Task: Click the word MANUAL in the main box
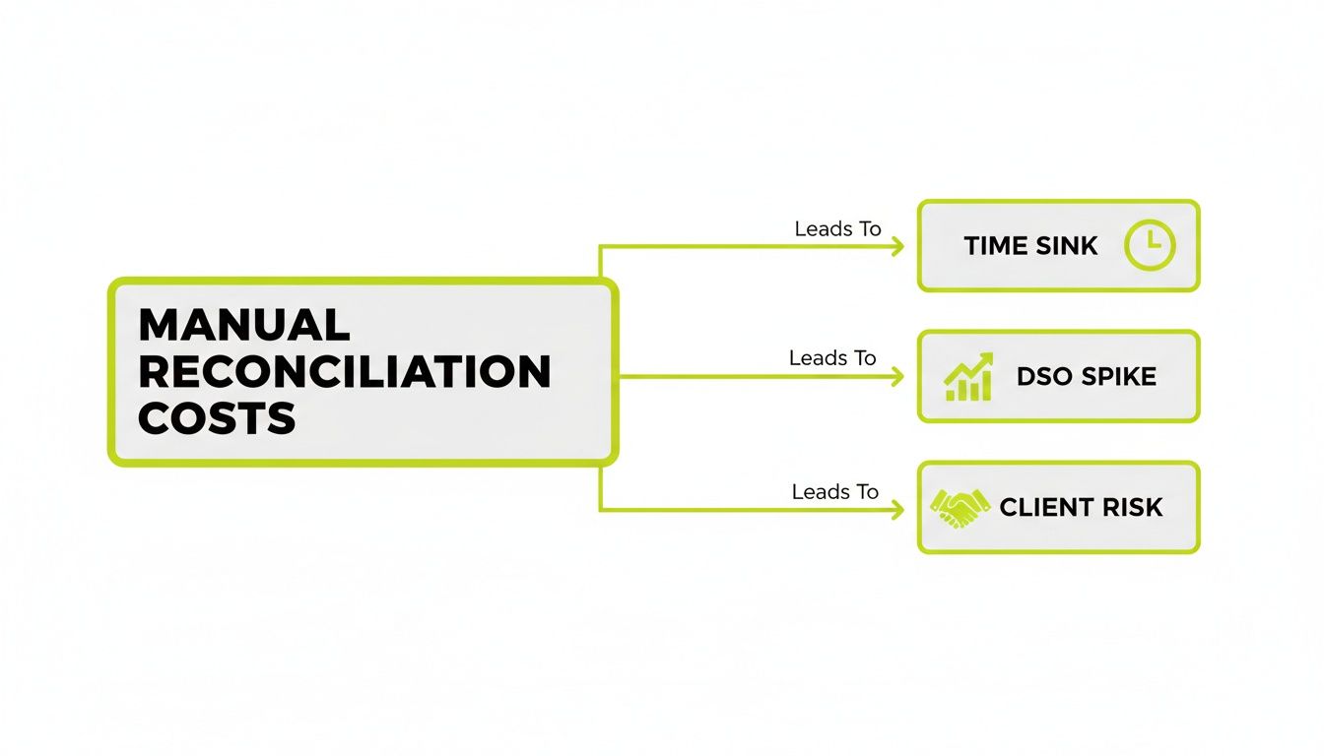click(x=244, y=326)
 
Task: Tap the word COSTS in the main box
click(x=217, y=419)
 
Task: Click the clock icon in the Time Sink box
click(x=1150, y=245)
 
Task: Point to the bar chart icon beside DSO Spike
click(x=969, y=377)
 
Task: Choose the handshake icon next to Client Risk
click(x=960, y=508)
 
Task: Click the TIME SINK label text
click(x=1030, y=246)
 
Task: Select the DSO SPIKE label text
click(x=1086, y=377)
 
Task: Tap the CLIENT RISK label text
click(x=1081, y=508)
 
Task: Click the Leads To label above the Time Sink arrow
click(x=837, y=229)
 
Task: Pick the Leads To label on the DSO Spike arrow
click(x=832, y=359)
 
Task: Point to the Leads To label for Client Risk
click(x=834, y=491)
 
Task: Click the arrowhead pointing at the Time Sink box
click(x=896, y=246)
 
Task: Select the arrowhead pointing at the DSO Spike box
click(x=896, y=377)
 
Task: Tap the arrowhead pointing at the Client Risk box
click(x=896, y=509)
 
